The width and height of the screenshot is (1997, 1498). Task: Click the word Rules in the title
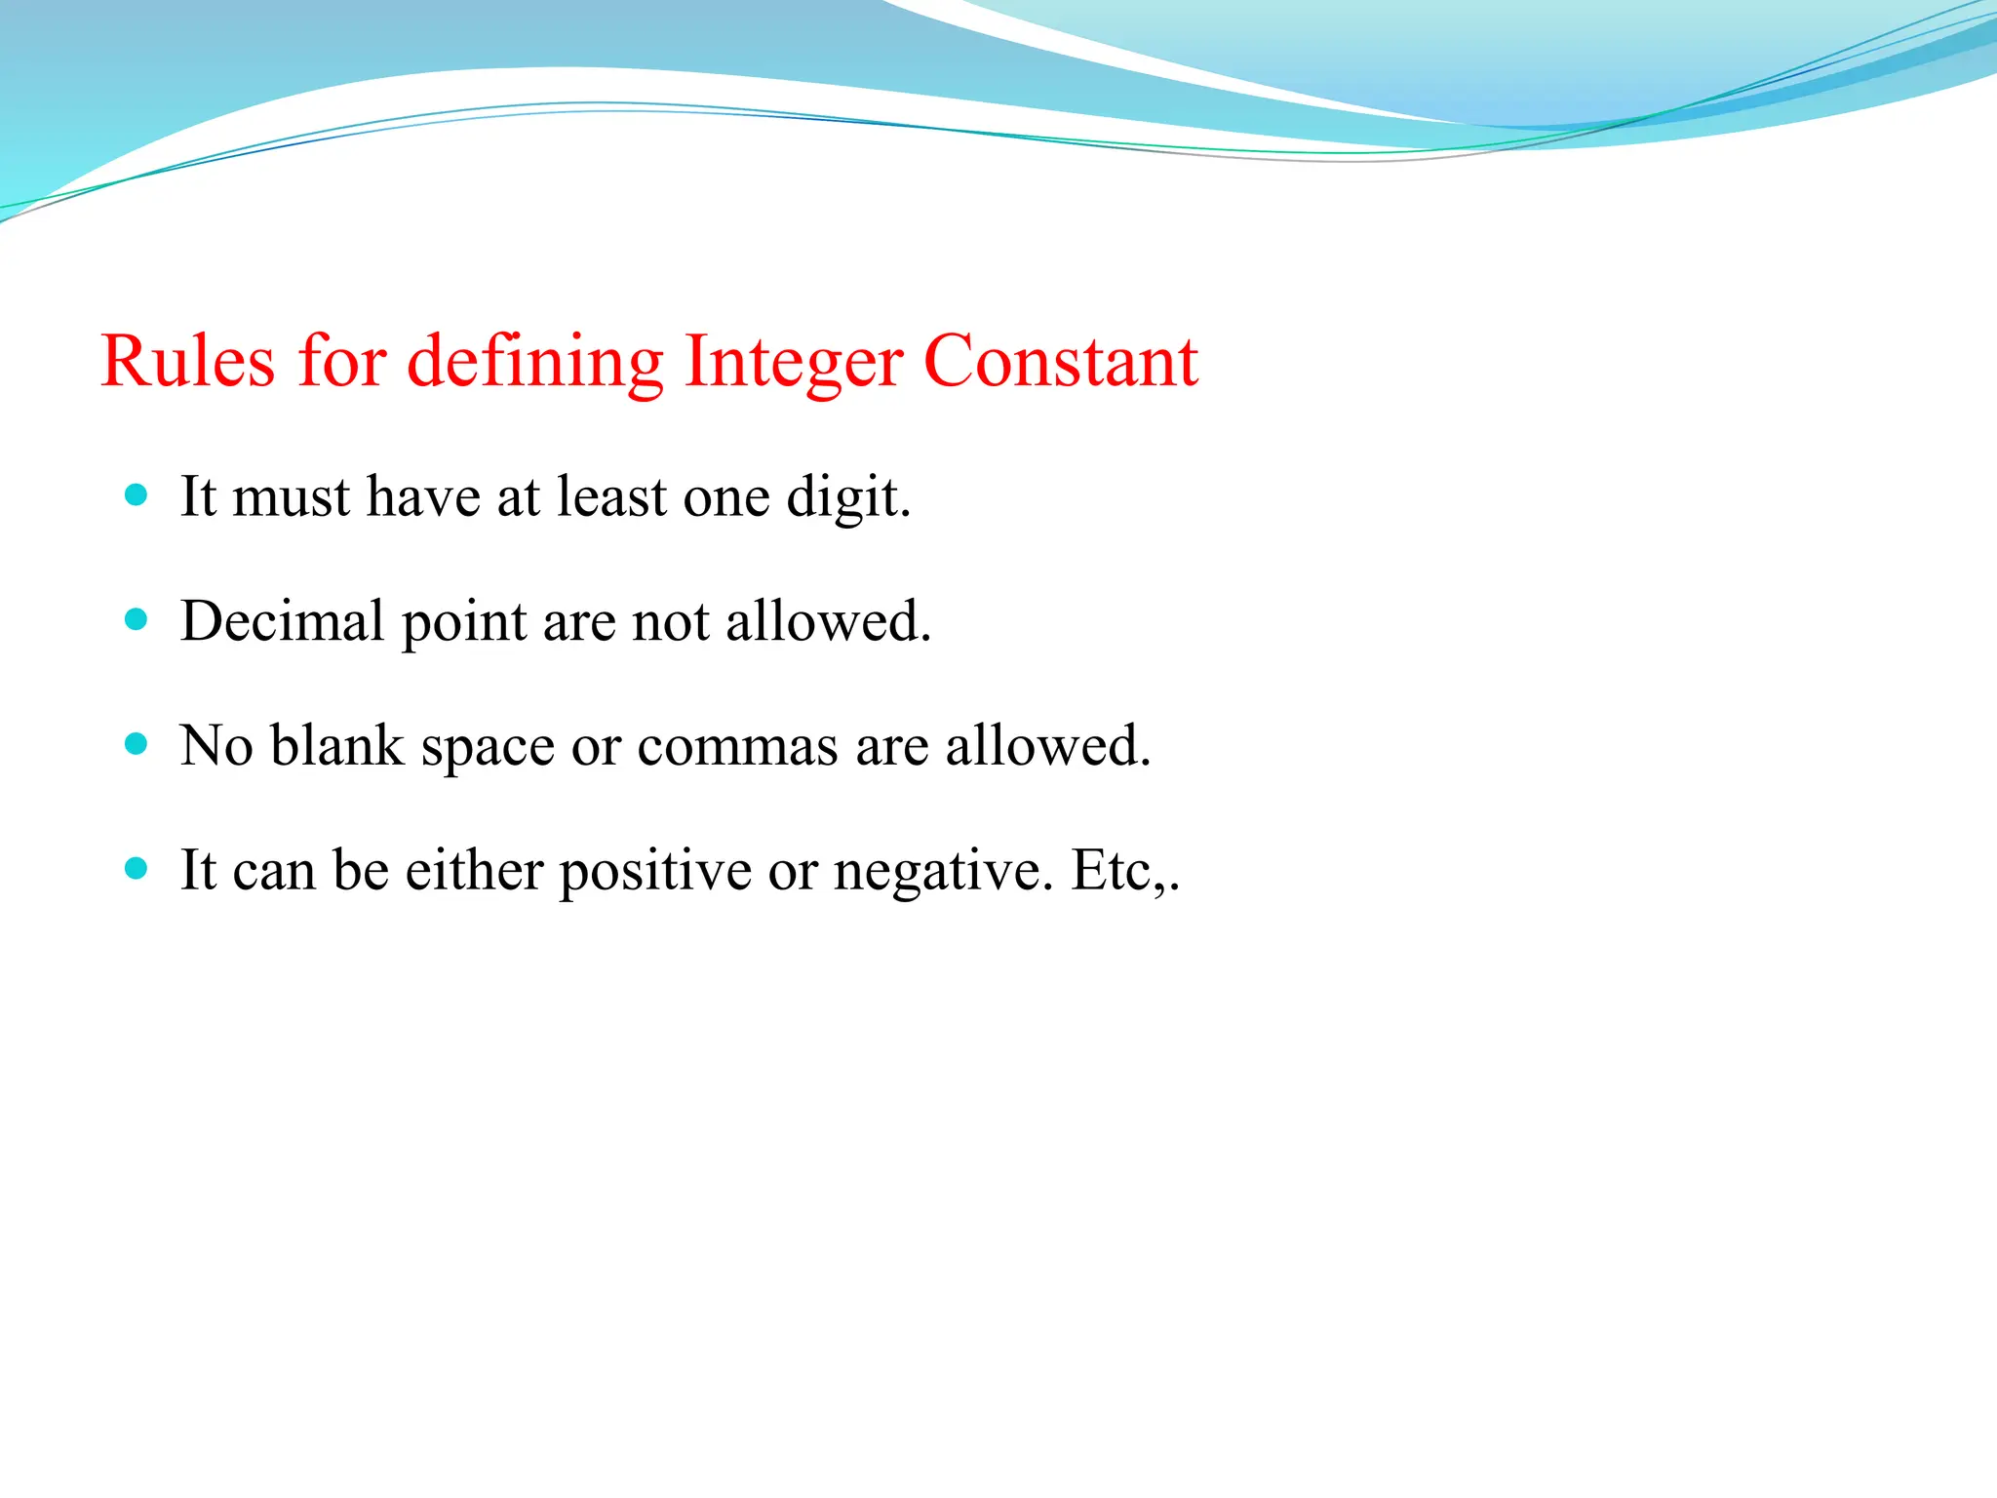point(187,362)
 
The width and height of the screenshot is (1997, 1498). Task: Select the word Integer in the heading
point(792,362)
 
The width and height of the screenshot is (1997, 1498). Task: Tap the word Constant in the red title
point(1060,362)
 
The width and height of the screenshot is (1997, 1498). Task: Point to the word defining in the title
point(534,362)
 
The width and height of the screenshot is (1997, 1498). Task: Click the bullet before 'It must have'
point(137,494)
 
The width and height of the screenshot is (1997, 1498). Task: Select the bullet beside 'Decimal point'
point(137,619)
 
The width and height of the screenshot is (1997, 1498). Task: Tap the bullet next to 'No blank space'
point(137,744)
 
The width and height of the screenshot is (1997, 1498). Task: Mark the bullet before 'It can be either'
point(137,868)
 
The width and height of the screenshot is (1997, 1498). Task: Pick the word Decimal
point(283,621)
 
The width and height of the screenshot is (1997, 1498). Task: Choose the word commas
point(737,746)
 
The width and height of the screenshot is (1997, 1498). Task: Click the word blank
point(336,746)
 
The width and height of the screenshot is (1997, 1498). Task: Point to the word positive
point(654,871)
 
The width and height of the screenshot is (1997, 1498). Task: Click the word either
point(474,870)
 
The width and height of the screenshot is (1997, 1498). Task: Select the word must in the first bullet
point(291,496)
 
